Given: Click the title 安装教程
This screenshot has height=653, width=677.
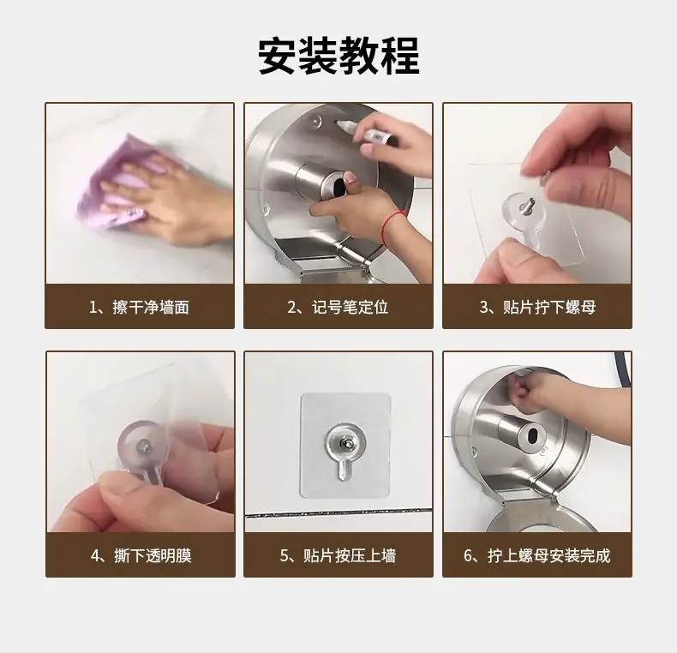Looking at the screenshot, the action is [x=338, y=57].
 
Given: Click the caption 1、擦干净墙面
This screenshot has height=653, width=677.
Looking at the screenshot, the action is [x=139, y=307].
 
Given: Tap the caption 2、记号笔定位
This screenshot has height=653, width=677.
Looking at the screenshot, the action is [x=338, y=307].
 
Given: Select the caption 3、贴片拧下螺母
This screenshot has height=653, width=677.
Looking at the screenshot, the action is [x=537, y=307].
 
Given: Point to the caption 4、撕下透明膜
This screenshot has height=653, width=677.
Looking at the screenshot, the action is [x=141, y=555].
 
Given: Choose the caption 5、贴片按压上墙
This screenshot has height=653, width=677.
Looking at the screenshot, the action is [x=338, y=555].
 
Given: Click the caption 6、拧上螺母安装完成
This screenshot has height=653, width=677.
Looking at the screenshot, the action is [x=537, y=555].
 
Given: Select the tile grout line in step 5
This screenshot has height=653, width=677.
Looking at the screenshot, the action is [x=338, y=514].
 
